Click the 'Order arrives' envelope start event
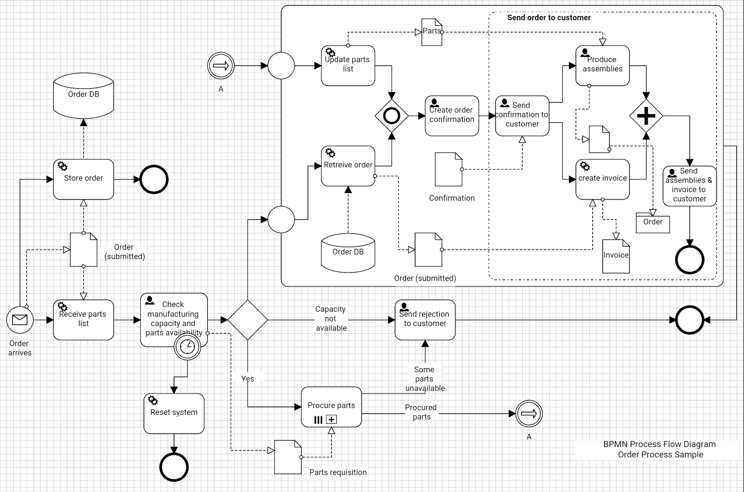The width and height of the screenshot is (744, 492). tap(20, 320)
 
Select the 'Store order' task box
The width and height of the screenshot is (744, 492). tap(83, 179)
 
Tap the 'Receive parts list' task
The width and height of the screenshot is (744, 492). tap(83, 320)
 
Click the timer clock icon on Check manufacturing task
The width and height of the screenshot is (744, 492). tap(187, 347)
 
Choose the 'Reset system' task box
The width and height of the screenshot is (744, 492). tap(174, 413)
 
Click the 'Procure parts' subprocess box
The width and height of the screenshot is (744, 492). tap(331, 407)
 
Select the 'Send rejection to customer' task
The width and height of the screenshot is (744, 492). tap(425, 320)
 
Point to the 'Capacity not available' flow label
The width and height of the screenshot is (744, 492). tap(331, 319)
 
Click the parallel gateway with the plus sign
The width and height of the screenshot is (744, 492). tap(646, 116)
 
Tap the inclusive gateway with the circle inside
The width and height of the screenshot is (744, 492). tap(392, 116)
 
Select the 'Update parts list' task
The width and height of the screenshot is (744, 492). tap(348, 66)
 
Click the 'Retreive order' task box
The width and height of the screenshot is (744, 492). tap(348, 166)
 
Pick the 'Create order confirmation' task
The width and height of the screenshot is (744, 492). tap(452, 116)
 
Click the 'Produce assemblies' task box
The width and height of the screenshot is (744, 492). tap(602, 66)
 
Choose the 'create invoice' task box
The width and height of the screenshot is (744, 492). tap(602, 179)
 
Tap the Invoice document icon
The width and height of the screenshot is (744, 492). tap(616, 256)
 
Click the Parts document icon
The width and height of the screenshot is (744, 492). tap(432, 32)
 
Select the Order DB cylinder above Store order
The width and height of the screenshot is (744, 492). tap(83, 95)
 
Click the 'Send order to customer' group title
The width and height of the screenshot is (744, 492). tap(549, 18)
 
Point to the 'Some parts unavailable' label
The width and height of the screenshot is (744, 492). tap(424, 379)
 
